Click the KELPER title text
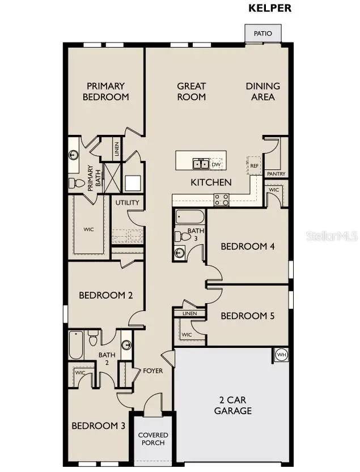pos(270,8)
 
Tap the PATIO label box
pos(262,33)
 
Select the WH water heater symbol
pos(281,355)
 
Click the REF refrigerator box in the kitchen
pos(253,164)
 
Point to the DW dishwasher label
pos(215,164)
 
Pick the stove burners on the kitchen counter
pos(221,199)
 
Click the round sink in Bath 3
pos(180,252)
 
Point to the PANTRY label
pos(276,174)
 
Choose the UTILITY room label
pos(127,202)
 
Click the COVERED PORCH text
pos(153,439)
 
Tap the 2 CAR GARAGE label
pos(232,406)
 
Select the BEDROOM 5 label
pos(247,316)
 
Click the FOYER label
pos(153,371)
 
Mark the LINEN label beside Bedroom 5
pos(189,313)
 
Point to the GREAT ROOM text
pos(191,91)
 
